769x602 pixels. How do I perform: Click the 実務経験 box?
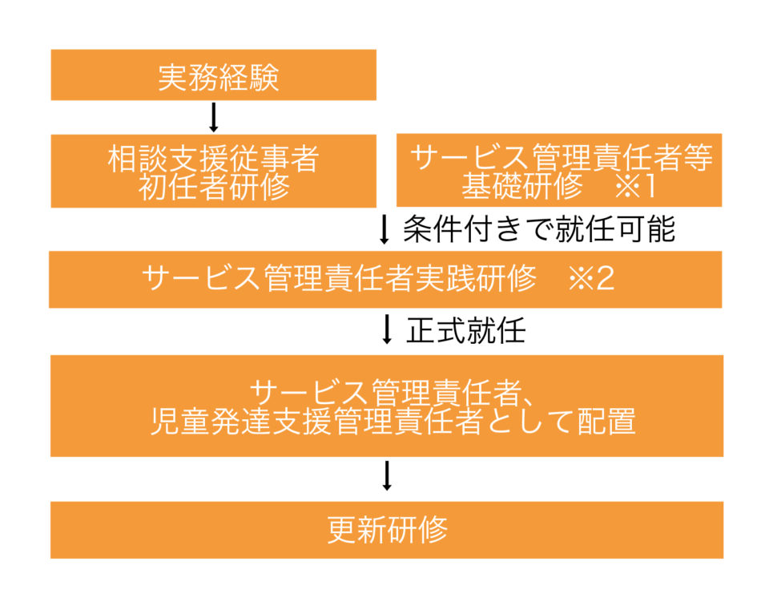(213, 75)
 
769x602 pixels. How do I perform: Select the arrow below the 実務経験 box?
(213, 117)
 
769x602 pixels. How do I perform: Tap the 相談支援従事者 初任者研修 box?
(213, 171)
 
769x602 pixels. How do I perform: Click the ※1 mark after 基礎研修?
(636, 186)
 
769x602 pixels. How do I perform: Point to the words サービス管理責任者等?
(561, 157)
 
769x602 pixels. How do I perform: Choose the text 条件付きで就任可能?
(539, 228)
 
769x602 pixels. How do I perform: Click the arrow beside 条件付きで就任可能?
(384, 229)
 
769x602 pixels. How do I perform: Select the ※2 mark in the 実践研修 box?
(591, 279)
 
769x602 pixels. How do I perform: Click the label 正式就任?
(466, 329)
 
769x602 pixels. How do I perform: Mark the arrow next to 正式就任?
(387, 329)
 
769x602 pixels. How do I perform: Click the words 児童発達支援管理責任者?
(317, 422)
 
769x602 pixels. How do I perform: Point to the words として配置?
(560, 422)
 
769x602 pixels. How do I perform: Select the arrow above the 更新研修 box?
(387, 476)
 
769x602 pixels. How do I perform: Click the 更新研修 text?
(387, 530)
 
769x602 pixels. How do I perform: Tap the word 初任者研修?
(214, 187)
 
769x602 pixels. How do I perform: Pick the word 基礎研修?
(521, 186)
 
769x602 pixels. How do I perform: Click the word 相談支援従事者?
(213, 159)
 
